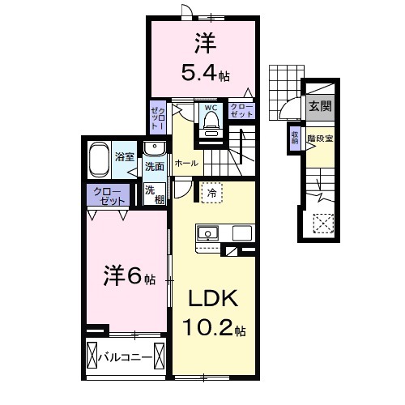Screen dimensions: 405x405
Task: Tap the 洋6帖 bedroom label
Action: [128, 277]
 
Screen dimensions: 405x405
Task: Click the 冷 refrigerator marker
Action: [210, 193]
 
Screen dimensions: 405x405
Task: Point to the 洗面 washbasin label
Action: [154, 166]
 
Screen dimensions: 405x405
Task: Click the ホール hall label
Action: [183, 163]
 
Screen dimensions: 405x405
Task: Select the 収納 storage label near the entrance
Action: [295, 139]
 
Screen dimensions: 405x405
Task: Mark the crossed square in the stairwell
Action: [322, 222]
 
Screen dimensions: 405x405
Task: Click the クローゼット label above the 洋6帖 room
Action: [107, 195]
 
